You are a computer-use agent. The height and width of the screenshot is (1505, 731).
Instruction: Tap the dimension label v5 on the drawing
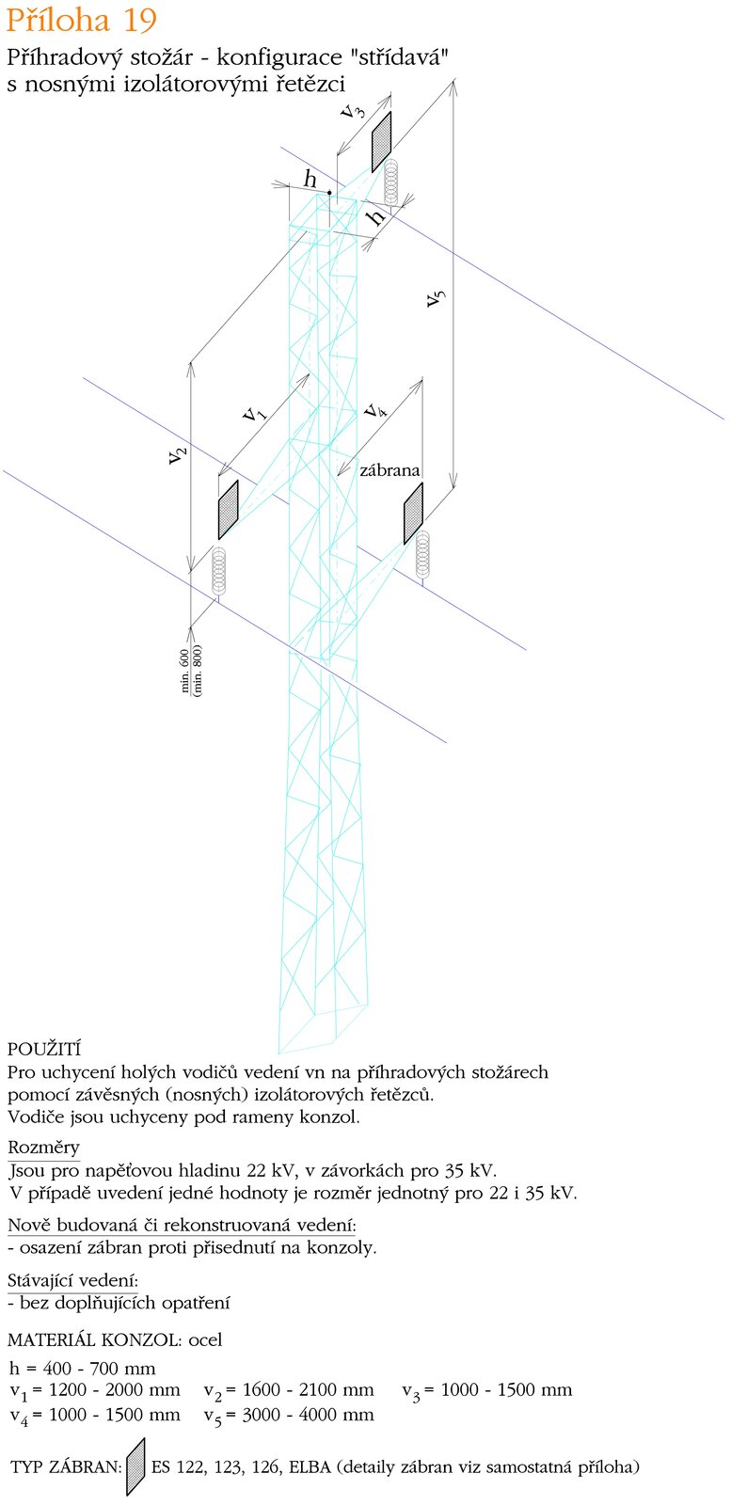coord(436,298)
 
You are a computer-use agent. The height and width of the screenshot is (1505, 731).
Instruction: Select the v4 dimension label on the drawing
coord(375,410)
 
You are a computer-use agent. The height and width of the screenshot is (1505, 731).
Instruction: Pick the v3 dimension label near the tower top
coord(354,111)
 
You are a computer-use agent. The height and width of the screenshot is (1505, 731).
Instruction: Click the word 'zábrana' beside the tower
coord(389,470)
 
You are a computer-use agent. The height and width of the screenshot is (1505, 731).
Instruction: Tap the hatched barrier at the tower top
coord(381,142)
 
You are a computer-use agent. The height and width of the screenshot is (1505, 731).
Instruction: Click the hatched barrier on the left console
coord(228,509)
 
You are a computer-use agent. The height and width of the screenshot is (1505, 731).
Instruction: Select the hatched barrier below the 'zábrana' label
coord(413,513)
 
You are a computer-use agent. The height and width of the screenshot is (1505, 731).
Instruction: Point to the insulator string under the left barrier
coord(219,568)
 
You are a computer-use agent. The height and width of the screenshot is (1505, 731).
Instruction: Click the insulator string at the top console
coord(392,182)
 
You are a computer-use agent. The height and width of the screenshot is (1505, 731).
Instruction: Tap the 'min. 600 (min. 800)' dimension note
coord(192,670)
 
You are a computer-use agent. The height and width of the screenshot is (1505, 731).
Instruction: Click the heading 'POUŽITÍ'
coord(44,1049)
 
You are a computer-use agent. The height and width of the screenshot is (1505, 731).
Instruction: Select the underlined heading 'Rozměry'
coord(43,1148)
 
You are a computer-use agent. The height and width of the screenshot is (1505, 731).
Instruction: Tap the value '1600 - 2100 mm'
coord(309,1390)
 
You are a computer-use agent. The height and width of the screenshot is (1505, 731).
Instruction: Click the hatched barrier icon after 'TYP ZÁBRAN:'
coord(136,1465)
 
